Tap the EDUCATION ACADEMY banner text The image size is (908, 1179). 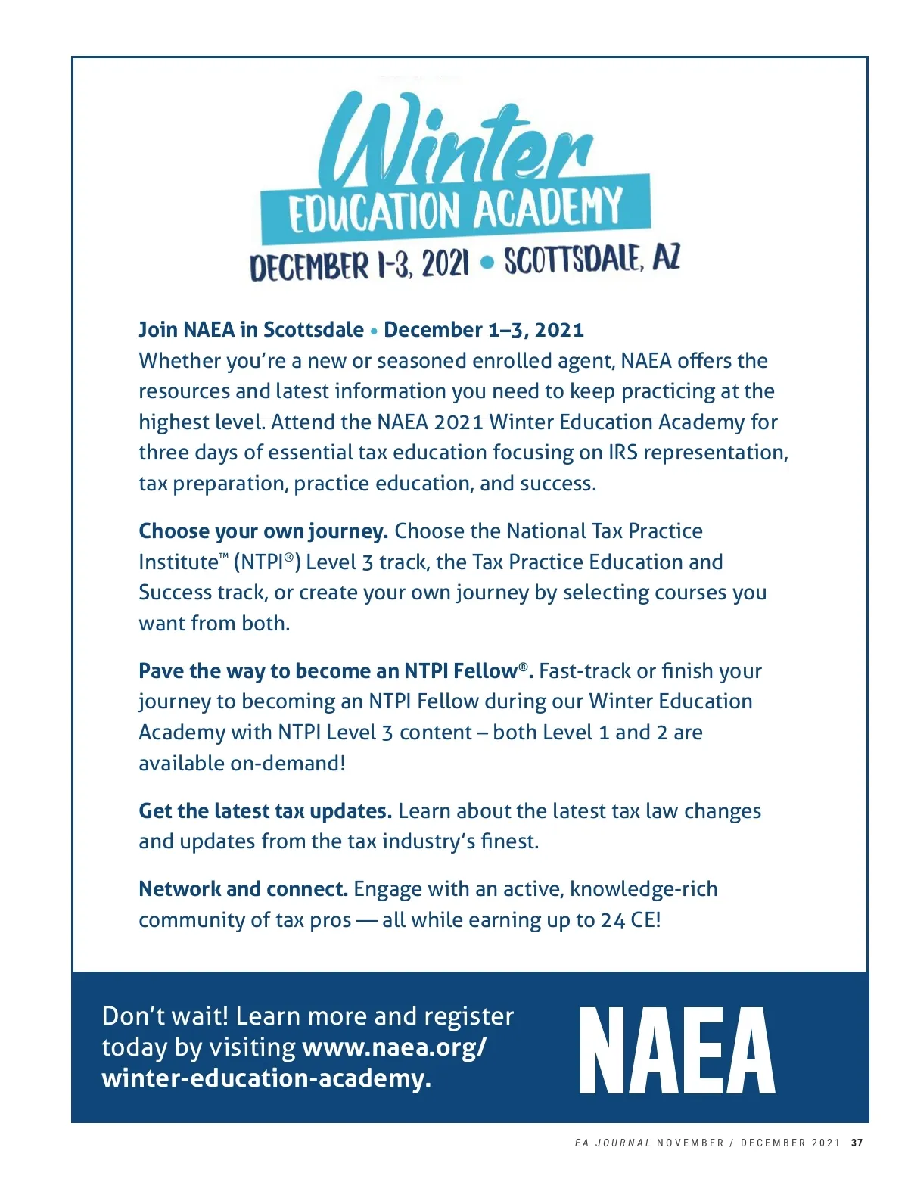coord(456,210)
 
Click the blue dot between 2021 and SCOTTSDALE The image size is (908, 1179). coord(487,263)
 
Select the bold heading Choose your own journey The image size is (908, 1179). coord(263,531)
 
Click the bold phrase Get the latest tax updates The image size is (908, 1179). coord(265,811)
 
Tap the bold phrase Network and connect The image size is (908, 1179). coord(243,889)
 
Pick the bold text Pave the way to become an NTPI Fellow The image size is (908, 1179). coord(335,671)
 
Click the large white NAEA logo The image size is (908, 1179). coord(677,1050)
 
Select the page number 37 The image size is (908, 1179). coord(857,1143)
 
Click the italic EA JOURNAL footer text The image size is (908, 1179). coord(612,1143)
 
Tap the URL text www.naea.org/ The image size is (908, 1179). coord(394,1047)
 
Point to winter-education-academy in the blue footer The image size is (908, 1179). coord(266,1078)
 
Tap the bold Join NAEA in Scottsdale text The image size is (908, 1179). coord(251,330)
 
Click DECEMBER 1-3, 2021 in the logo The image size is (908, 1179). coord(359,266)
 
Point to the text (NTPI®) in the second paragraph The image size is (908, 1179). coord(267,562)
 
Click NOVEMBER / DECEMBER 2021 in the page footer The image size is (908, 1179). coord(748,1143)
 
